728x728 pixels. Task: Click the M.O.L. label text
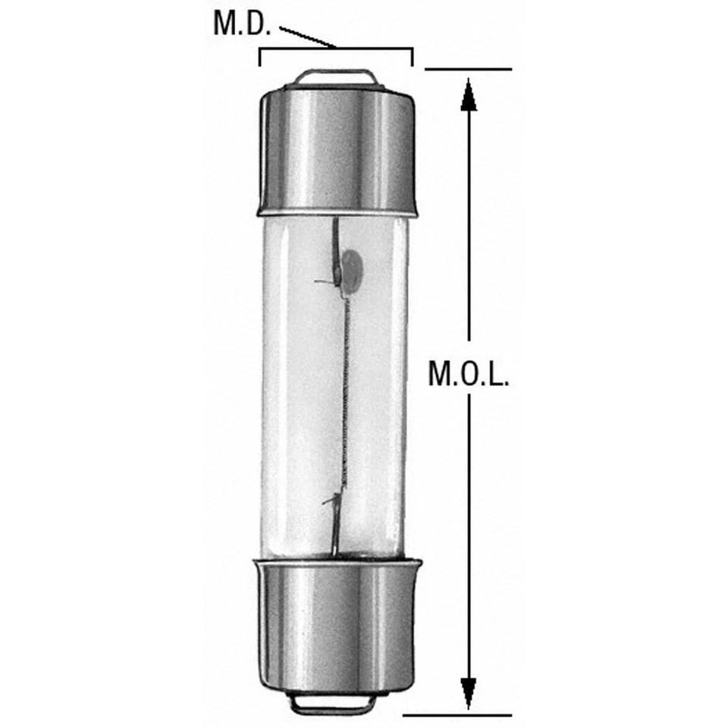(468, 374)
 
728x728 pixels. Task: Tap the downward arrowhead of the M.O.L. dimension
(469, 694)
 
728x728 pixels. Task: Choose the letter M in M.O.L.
(440, 374)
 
